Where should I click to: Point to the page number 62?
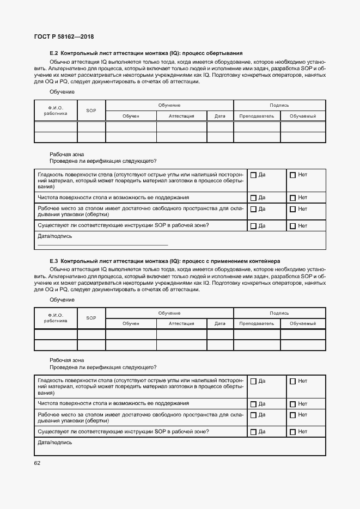tap(37, 463)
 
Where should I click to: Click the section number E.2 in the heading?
tap(53, 53)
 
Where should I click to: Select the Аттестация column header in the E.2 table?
tap(181, 116)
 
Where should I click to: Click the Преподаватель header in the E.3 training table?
tap(257, 323)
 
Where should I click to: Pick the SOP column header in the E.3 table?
tap(91, 318)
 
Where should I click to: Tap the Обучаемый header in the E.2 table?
tap(303, 116)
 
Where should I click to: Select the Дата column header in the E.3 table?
tap(220, 323)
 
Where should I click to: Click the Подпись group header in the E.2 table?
tap(279, 105)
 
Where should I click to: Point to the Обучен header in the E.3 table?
tap(131, 323)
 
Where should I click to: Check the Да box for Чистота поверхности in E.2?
tap(253, 198)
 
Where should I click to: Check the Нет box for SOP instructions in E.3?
tap(293, 432)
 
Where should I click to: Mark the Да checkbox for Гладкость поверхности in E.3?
tap(253, 381)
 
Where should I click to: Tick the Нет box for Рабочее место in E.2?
tap(293, 209)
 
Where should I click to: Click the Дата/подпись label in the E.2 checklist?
tap(54, 236)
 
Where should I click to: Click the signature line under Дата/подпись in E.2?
tap(102, 245)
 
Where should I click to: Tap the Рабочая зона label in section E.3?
tap(66, 360)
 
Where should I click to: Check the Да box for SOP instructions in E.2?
tap(253, 226)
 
